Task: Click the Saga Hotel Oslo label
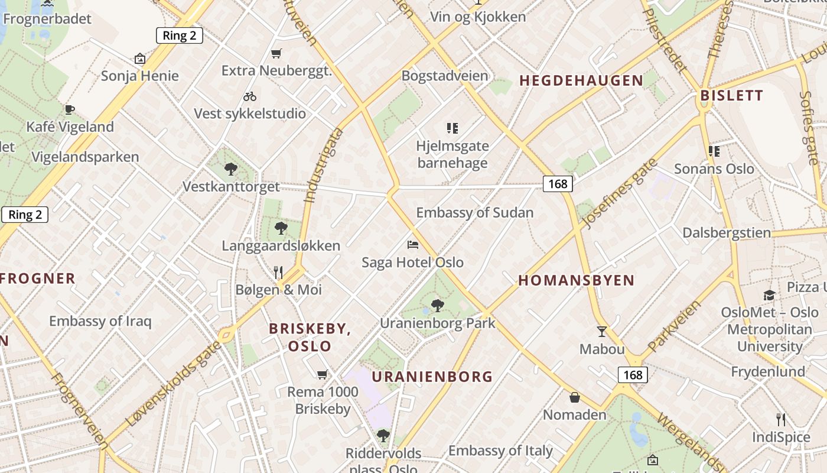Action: (412, 262)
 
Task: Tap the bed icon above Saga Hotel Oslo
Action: (413, 244)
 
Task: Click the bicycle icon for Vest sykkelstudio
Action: (250, 96)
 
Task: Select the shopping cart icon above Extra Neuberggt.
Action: (276, 54)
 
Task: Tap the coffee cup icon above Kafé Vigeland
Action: (70, 109)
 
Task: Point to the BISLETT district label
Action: (731, 96)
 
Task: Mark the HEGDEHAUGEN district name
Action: (581, 81)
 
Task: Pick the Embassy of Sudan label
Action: (474, 213)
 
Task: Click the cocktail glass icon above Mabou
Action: (602, 331)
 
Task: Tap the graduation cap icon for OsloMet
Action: (769, 295)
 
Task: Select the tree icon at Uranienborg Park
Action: (437, 306)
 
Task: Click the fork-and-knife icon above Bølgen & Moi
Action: (278, 272)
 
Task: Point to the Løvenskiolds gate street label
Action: (174, 384)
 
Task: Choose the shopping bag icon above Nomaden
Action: (575, 397)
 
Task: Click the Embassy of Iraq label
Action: (100, 322)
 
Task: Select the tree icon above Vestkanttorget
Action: (231, 170)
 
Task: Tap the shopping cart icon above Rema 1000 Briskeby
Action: (322, 374)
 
